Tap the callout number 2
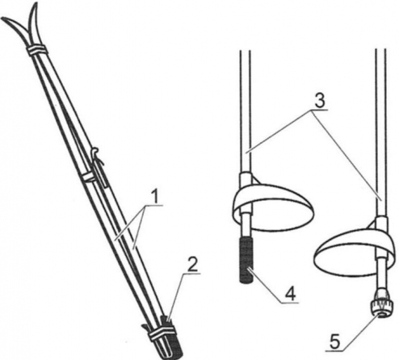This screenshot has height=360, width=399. pyautogui.click(x=192, y=264)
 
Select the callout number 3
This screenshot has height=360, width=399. pyautogui.click(x=319, y=102)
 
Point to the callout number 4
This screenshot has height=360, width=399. pyautogui.click(x=290, y=294)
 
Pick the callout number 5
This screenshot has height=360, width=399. pyautogui.click(x=334, y=341)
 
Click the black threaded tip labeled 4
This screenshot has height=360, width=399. pyautogui.click(x=246, y=260)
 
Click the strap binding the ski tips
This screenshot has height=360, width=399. pyautogui.click(x=36, y=50)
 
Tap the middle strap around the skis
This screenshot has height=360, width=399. pyautogui.click(x=88, y=177)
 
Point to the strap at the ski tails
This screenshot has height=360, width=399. pyautogui.click(x=161, y=332)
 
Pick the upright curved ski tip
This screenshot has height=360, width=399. pyautogui.click(x=35, y=23)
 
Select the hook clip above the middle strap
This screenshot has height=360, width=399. pyautogui.click(x=99, y=167)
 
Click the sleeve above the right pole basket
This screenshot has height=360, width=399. pyautogui.click(x=381, y=224)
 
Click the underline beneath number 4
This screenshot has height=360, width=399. pyautogui.click(x=290, y=303)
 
